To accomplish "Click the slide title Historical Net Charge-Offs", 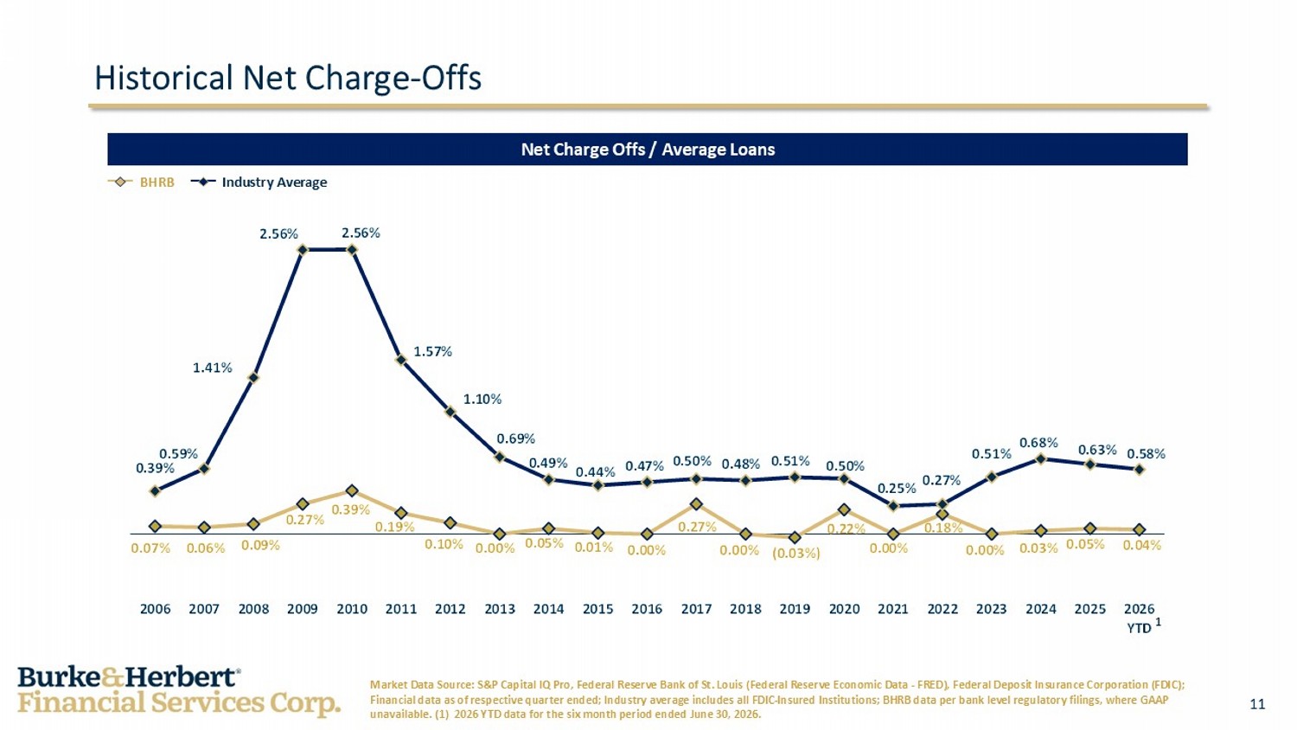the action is [x=288, y=78].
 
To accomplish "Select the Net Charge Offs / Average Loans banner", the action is [x=648, y=150].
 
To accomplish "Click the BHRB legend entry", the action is [x=141, y=182].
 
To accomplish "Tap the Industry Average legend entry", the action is [x=259, y=182].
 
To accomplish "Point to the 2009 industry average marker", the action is [x=303, y=250].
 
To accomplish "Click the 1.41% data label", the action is [x=212, y=368].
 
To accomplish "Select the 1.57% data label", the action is [x=432, y=351].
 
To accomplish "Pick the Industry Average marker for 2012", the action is [x=450, y=412].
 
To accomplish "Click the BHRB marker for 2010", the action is [x=351, y=490].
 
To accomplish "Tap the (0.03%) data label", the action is [x=796, y=554].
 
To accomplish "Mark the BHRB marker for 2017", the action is [x=697, y=504].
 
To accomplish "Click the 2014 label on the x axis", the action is [x=548, y=609].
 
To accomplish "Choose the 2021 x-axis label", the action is [x=893, y=609].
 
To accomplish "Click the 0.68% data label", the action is [x=1038, y=443].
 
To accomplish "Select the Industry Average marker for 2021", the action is [x=893, y=506].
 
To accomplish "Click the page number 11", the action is [x=1257, y=704].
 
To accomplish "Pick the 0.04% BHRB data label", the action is [x=1142, y=545].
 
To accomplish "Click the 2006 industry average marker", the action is [x=155, y=491].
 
